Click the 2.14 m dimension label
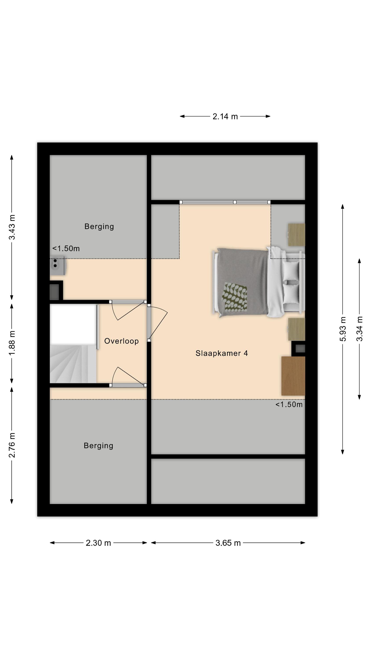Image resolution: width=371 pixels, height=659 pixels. [225, 116]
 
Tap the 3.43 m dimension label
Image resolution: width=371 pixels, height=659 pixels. [12, 227]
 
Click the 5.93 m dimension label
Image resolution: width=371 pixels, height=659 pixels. [343, 329]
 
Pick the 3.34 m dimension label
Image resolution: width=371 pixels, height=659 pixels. [360, 329]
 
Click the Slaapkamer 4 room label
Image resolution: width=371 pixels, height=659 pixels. [222, 353]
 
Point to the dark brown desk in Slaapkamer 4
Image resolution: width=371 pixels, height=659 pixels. [293, 376]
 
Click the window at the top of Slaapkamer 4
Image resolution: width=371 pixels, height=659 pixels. [225, 202]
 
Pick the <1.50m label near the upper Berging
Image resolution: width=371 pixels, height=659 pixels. [66, 248]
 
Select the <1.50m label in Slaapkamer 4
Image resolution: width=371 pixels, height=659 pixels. [289, 404]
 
